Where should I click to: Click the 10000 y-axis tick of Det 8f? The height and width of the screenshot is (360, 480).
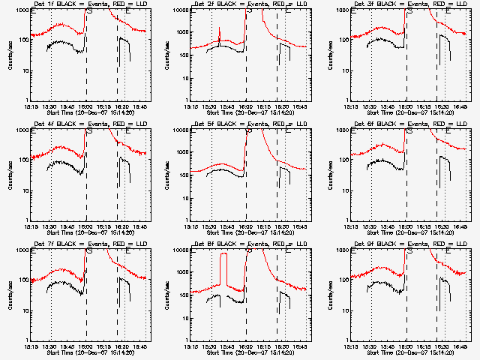pyautogui.click(x=180, y=250)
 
